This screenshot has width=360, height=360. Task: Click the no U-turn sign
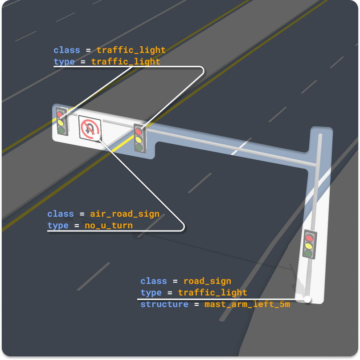(90, 128)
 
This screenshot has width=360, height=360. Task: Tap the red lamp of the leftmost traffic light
(60, 114)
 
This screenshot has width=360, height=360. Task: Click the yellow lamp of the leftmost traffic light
(61, 123)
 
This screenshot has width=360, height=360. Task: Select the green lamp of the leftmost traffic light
(61, 131)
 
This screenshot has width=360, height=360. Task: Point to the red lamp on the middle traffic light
(139, 132)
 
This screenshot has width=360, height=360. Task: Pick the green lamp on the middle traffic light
(139, 147)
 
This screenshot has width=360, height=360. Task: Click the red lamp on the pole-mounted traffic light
(309, 238)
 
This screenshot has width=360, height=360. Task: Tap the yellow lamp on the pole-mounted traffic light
(308, 246)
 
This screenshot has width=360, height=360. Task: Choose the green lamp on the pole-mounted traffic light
(308, 254)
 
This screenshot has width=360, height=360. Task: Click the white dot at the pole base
(307, 299)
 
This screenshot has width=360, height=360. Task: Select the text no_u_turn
(109, 226)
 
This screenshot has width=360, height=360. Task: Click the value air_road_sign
(125, 214)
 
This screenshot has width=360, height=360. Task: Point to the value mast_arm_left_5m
(247, 304)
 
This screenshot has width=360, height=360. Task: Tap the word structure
(164, 304)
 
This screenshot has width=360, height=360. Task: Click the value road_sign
(207, 281)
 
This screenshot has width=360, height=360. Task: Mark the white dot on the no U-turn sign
(97, 137)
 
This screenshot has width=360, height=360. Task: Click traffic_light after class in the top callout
(131, 50)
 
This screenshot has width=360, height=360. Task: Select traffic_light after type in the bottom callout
(213, 293)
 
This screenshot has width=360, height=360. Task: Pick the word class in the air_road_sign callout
(61, 214)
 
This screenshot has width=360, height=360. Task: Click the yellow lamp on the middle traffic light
(139, 139)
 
